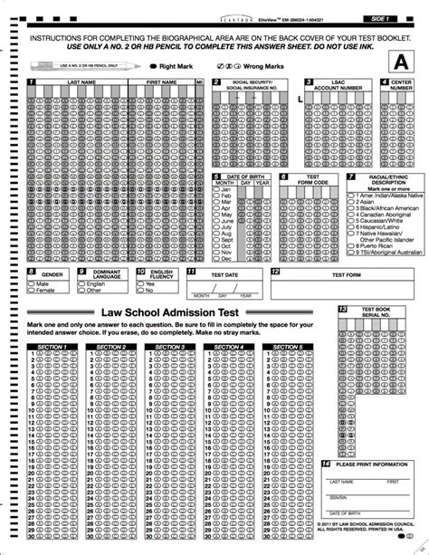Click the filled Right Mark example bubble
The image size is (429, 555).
coord(152,67)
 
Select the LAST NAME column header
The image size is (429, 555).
coord(81,81)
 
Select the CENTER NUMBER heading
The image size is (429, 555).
coord(402,84)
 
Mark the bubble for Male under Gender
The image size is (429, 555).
coord(32,283)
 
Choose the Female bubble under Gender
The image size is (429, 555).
coord(32,291)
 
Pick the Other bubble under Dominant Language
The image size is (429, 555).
coord(81,291)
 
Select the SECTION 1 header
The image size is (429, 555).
coord(52,346)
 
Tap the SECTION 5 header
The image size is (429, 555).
coord(288,346)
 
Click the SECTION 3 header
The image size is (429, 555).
coord(170,346)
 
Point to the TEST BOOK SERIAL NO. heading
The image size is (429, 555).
coord(376,312)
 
